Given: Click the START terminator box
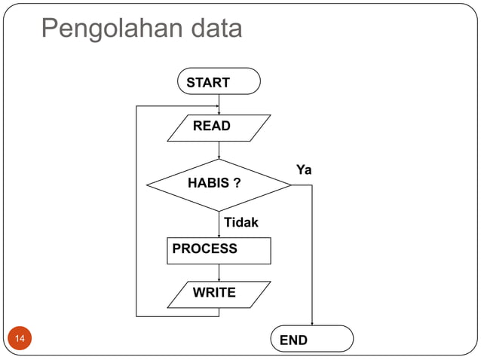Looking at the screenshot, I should (219, 81).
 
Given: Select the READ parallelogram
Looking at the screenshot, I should (219, 127).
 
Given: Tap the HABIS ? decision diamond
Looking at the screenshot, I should (219, 185).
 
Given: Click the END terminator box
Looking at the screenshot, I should (312, 340).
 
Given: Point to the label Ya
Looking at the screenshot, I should (304, 170).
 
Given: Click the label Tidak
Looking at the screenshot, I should (240, 223).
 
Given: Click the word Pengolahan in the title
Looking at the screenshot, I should (101, 29).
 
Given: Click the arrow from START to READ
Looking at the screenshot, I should (219, 104).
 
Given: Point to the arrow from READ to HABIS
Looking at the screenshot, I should (219, 150).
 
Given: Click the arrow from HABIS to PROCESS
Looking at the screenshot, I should (219, 224).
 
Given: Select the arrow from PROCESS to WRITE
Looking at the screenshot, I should (219, 273).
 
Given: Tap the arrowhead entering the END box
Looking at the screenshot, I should (312, 323).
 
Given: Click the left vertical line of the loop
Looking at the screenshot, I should (136, 211).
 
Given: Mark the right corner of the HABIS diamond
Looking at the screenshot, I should (290, 185).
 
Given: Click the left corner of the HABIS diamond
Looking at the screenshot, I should (147, 185).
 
